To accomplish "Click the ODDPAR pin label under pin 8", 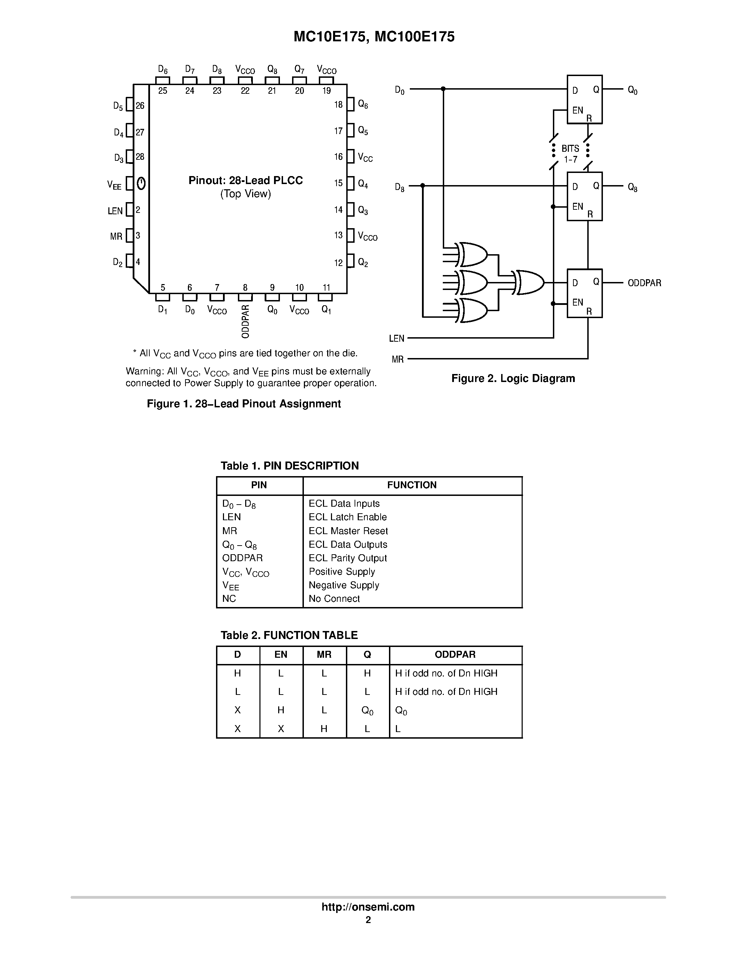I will click(245, 321).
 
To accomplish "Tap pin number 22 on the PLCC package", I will click(245, 91).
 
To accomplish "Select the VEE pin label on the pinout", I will click(114, 185).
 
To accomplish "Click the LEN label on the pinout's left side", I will click(115, 211).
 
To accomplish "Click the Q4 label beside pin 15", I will click(363, 184).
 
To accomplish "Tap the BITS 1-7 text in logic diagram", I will click(570, 154).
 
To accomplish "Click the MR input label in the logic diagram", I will click(397, 359).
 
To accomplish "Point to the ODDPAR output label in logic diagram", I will click(644, 283).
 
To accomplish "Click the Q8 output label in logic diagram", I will click(632, 188).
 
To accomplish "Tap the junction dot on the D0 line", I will click(443, 89).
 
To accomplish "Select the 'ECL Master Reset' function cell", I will click(348, 531).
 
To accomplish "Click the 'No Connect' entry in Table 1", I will click(334, 599).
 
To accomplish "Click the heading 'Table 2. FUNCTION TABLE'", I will click(289, 635).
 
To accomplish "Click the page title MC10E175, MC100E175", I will click(374, 37).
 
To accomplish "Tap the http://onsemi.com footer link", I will click(368, 907).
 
